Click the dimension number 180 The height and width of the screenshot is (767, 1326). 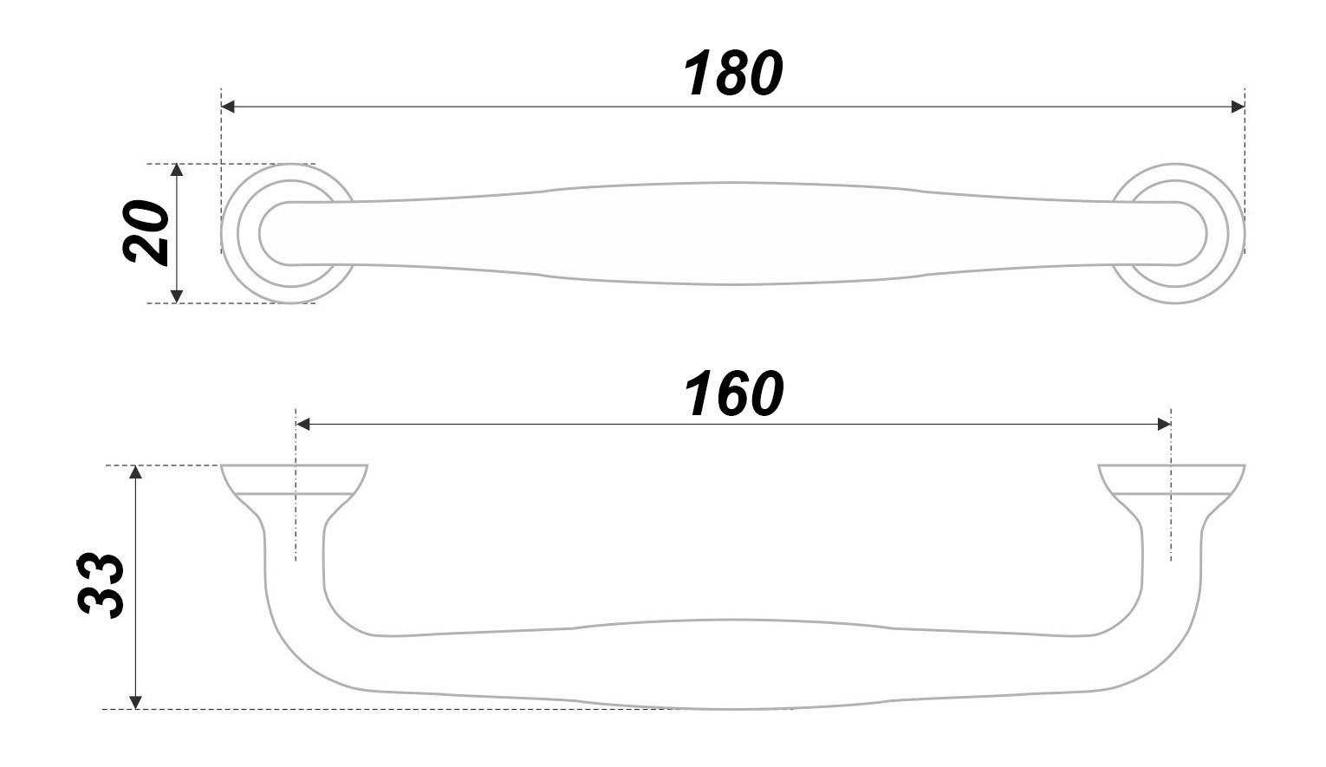point(733,74)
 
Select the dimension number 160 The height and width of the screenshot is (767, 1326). point(733,394)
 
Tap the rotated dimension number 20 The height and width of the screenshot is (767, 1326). point(146,232)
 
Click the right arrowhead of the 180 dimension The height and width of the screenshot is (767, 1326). point(1238,107)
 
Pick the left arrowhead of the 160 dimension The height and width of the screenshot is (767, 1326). point(303,424)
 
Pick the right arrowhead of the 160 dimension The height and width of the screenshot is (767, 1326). point(1164,424)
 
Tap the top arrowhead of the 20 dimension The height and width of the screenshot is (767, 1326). point(177,170)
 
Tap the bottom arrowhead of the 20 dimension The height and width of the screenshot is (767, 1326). point(177,296)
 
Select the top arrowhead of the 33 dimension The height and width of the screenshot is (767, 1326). point(135,472)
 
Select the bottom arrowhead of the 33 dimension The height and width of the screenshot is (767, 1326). point(135,702)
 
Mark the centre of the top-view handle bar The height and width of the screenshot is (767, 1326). point(733,233)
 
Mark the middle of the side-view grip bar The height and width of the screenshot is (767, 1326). point(733,664)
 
